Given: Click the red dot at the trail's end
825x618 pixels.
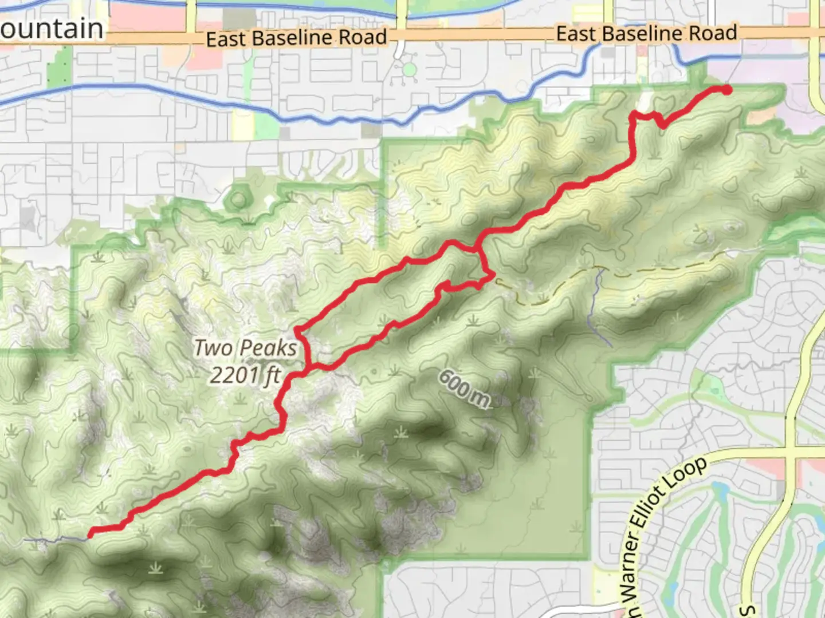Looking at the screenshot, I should pos(726,89).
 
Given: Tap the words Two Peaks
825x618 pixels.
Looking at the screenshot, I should pos(245,348).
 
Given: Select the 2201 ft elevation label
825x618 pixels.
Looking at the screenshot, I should pos(245,375).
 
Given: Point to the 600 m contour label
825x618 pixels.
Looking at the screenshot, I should pos(465,389).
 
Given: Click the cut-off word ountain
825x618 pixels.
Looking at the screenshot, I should pos(52,29).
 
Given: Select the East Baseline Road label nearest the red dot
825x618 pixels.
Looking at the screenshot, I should pos(646,33).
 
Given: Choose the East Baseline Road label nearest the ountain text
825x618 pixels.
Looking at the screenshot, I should pos(296,38).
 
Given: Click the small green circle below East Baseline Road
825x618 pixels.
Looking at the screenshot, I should pos(409,70).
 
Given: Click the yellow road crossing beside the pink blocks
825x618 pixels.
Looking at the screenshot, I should pos(792,452).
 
